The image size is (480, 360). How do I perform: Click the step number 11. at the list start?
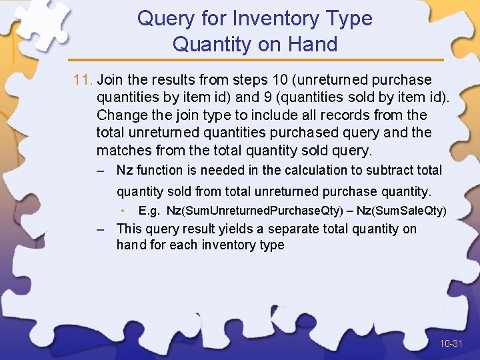[83, 80]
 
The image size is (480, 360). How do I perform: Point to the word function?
[159, 171]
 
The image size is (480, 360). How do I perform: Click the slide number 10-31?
[451, 344]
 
